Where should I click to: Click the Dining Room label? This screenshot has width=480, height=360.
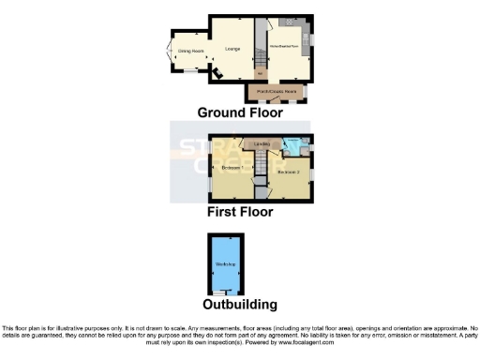191,51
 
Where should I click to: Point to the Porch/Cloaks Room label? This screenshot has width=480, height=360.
277,91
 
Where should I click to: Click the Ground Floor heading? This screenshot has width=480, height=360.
240,112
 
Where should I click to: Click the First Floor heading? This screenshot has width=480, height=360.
240,212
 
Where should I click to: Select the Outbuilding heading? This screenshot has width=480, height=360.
240,305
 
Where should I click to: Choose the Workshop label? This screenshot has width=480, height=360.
225,265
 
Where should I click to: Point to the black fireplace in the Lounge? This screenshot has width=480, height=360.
215,72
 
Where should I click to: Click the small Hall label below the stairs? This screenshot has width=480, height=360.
261,76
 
